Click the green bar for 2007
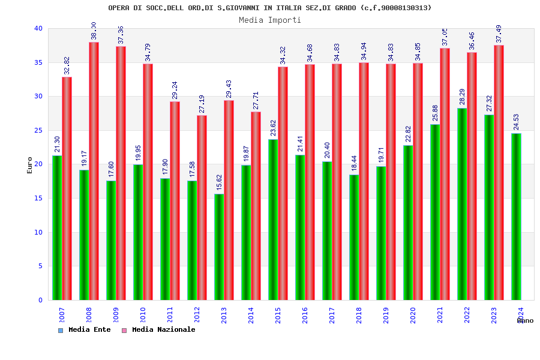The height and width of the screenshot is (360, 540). tap(57, 228)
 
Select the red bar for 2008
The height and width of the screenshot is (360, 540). tap(94, 171)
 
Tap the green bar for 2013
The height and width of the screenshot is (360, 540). tap(219, 247)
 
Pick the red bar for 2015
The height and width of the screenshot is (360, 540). tap(283, 183)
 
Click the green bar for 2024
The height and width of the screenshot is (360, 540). tap(516, 217)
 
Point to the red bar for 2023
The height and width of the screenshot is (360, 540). tap(499, 173)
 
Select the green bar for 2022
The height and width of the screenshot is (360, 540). tap(462, 204)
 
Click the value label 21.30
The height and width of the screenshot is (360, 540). tap(58, 144)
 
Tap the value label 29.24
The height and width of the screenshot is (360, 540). tap(175, 90)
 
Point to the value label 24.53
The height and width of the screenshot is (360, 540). tap(517, 122)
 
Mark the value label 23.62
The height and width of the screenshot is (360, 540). tap(274, 128)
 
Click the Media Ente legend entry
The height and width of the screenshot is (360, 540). tap(85, 329)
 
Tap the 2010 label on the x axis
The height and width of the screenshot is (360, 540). tap(143, 316)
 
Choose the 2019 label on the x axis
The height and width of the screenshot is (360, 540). tap(386, 316)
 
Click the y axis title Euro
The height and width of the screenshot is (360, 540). tap(30, 165)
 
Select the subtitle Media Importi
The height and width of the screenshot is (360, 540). tap(270, 20)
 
